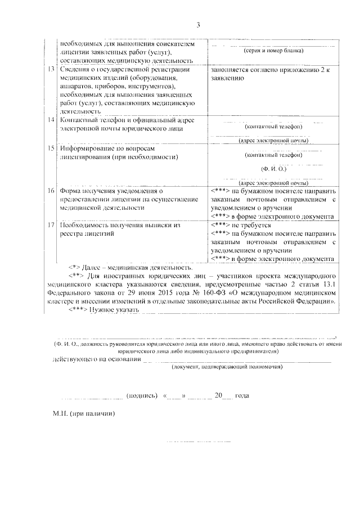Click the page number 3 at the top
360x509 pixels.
198,24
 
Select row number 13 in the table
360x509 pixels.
51,70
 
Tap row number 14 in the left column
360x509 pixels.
51,120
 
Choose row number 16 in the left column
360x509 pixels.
51,191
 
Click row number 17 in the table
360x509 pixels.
51,225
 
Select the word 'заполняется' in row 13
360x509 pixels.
229,70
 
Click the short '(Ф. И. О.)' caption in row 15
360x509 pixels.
274,168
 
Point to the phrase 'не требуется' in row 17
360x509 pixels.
250,225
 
